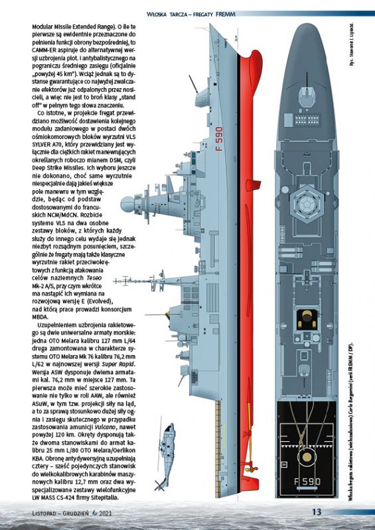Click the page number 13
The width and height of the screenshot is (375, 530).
pyautogui.click(x=317, y=511)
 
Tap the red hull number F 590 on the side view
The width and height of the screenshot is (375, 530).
pyautogui.click(x=219, y=139)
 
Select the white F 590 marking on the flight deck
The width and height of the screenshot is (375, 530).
pyautogui.click(x=307, y=481)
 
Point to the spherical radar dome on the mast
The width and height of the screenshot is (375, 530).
pyautogui.click(x=127, y=205)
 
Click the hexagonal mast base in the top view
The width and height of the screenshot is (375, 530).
pyautogui.click(x=307, y=204)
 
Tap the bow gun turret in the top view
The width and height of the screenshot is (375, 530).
pyautogui.click(x=307, y=95)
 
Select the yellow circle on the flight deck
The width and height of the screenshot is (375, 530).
pyautogui.click(x=307, y=457)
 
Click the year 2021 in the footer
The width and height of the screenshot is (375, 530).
pyautogui.click(x=105, y=513)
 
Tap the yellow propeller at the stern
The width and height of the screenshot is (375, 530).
pyautogui.click(x=251, y=469)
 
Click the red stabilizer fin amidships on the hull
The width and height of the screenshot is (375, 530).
pyautogui.click(x=253, y=185)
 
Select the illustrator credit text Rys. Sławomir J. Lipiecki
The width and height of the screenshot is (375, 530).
pyautogui.click(x=352, y=44)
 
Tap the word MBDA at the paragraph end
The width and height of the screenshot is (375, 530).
pyautogui.click(x=38, y=317)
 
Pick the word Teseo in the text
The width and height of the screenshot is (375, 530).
pyautogui.click(x=94, y=278)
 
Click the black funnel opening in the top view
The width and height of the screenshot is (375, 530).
pyautogui.click(x=307, y=319)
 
